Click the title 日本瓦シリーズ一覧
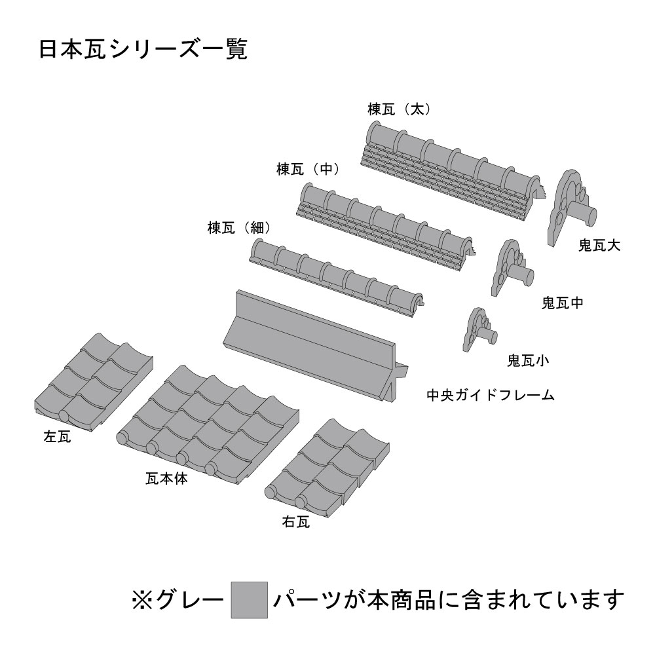pyautogui.click(x=143, y=49)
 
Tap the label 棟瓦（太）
pyautogui.click(x=400, y=109)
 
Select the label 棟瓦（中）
pyautogui.click(x=309, y=169)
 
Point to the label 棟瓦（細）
pyautogui.click(x=240, y=228)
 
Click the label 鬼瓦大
pyautogui.click(x=599, y=245)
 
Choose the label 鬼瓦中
pyautogui.click(x=562, y=303)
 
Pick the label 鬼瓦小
pyautogui.click(x=528, y=360)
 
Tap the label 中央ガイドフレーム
pyautogui.click(x=491, y=395)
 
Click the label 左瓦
pyautogui.click(x=57, y=437)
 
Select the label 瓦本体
pyautogui.click(x=166, y=478)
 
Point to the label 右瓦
pyautogui.click(x=296, y=522)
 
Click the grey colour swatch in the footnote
pyautogui.click(x=250, y=600)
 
